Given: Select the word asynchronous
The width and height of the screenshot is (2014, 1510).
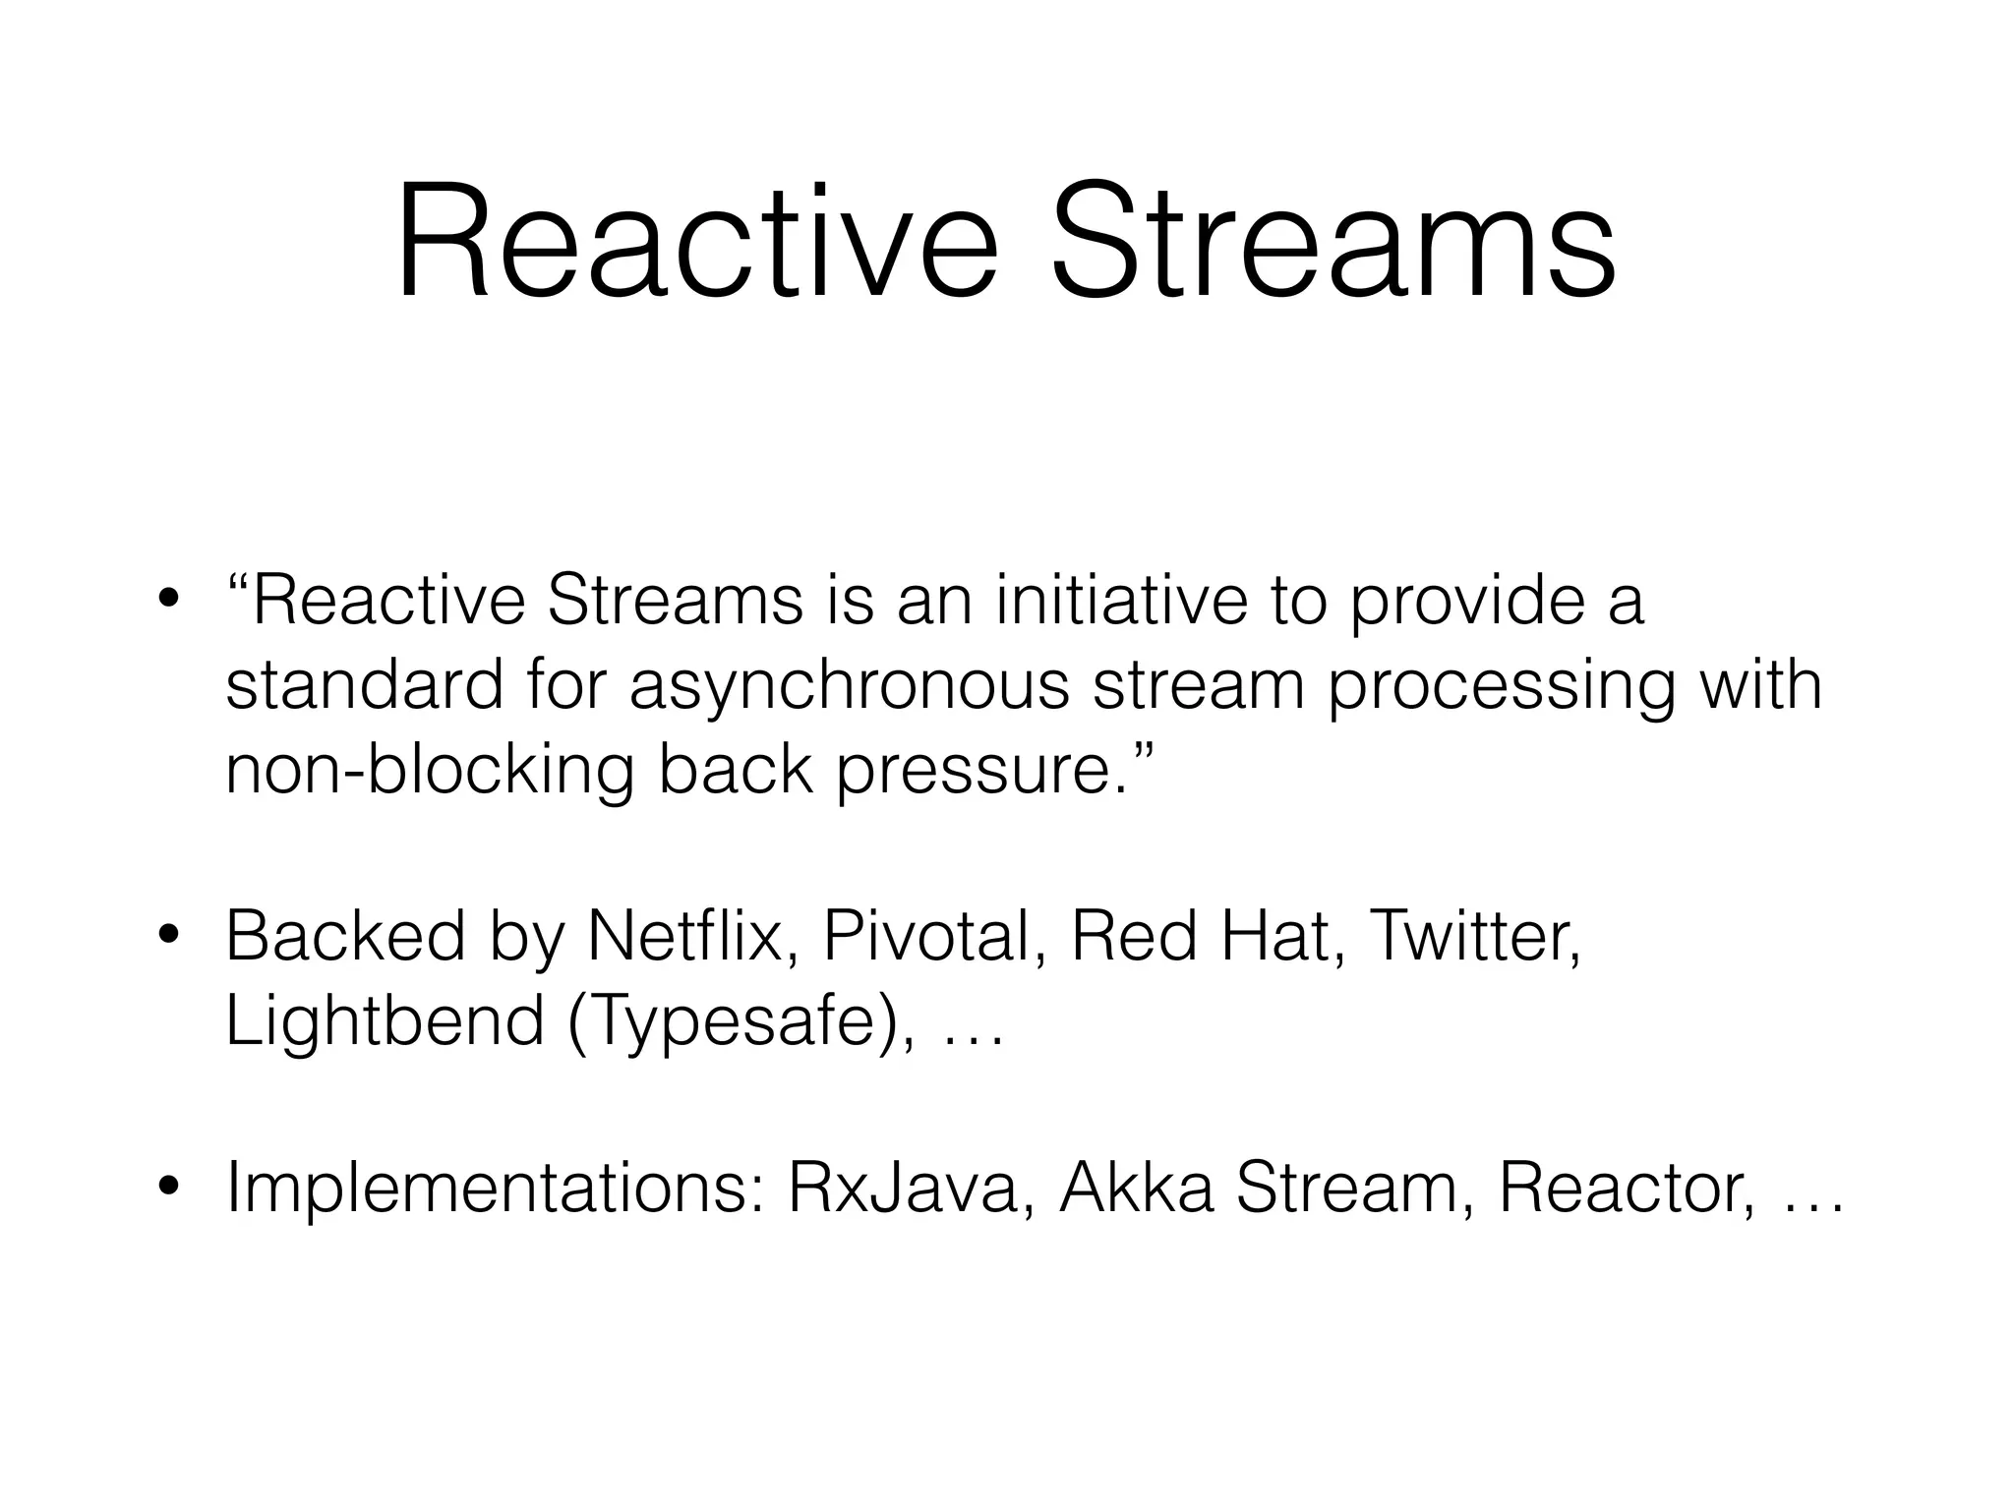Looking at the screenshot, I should tap(848, 685).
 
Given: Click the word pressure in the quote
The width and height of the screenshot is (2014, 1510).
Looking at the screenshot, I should tap(975, 772).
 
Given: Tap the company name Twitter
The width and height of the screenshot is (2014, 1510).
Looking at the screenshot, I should tap(1474, 936).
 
